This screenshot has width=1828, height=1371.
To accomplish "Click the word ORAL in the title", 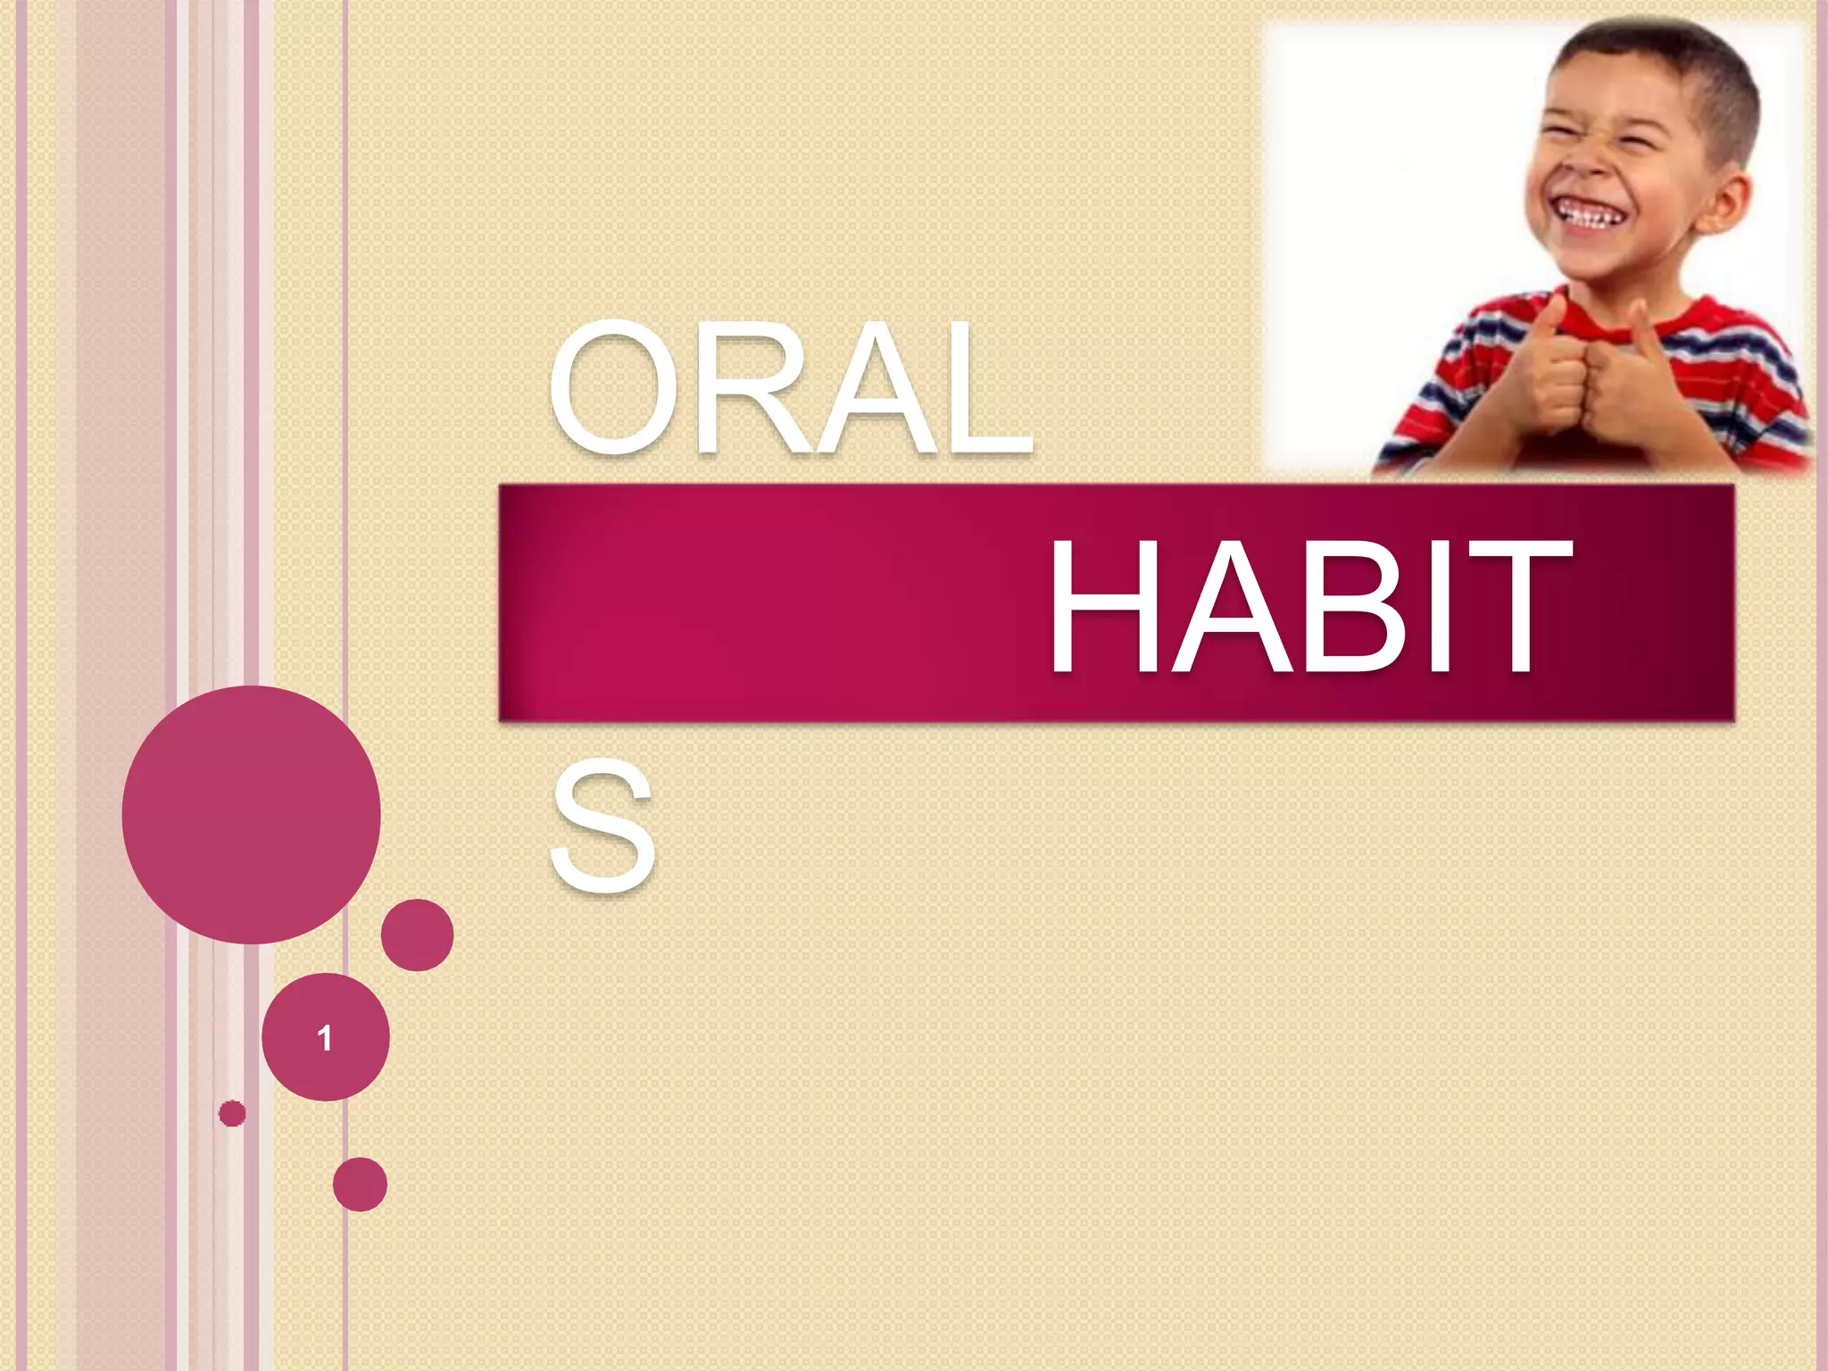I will (x=790, y=388).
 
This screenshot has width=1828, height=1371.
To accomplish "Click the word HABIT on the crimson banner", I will (x=1308, y=607).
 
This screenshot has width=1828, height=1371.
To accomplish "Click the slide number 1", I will (x=325, y=1038).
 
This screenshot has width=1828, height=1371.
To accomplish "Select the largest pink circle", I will (x=251, y=814).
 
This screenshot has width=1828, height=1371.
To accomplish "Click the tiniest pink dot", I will (x=232, y=1113).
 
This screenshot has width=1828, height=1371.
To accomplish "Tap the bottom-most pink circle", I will (x=360, y=1184).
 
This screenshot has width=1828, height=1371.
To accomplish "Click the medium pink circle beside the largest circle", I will (x=417, y=935).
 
